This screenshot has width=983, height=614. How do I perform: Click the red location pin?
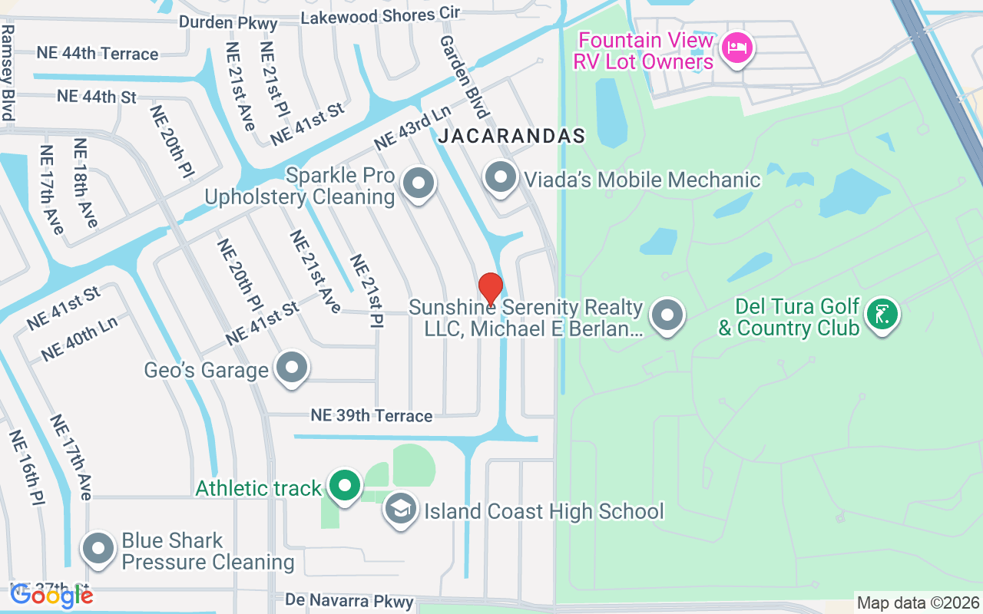click(x=490, y=289)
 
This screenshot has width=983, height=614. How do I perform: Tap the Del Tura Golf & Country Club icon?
click(x=882, y=314)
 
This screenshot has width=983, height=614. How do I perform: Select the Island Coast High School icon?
click(x=400, y=509)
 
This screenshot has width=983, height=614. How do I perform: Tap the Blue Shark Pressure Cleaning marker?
click(x=99, y=549)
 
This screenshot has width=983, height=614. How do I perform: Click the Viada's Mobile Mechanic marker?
click(x=501, y=177)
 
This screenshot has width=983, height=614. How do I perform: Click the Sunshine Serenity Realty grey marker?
click(x=667, y=315)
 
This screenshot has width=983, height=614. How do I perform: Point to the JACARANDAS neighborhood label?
click(x=511, y=137)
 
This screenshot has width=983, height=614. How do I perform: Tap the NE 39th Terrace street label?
click(x=372, y=415)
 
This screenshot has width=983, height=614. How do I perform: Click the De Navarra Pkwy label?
click(x=349, y=601)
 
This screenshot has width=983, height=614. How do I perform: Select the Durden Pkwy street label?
click(x=228, y=22)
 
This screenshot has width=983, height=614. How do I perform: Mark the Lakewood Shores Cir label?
click(x=380, y=15)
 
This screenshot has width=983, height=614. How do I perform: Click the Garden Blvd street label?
click(x=464, y=76)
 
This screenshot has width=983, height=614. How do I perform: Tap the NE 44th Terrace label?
click(x=98, y=53)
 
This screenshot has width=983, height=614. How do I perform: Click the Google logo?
click(x=51, y=595)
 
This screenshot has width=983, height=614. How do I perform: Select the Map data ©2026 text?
click(x=918, y=602)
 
